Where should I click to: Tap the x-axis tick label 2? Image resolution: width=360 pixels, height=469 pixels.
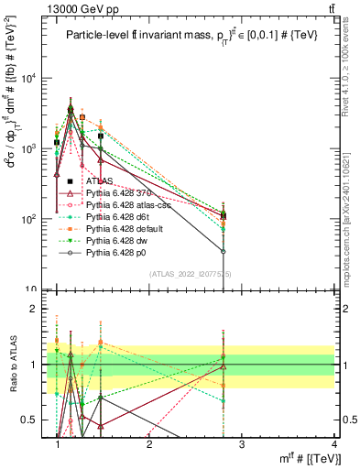tap(149, 444)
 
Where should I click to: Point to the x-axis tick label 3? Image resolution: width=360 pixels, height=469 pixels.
tap(241, 444)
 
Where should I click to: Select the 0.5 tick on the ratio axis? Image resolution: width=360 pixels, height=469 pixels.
tap(33, 420)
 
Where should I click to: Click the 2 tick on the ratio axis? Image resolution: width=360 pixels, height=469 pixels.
tap(38, 309)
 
